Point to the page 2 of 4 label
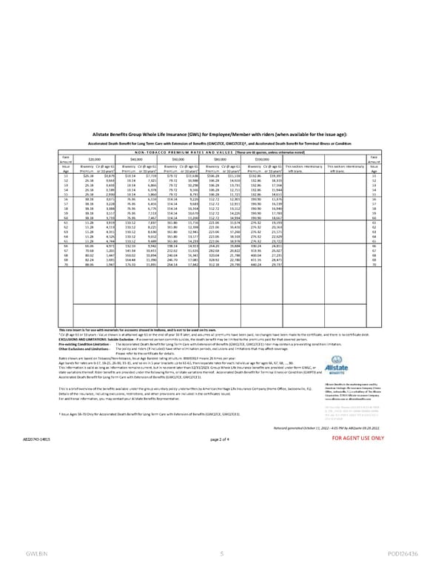point(221,418)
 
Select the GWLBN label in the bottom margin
point(32,553)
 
